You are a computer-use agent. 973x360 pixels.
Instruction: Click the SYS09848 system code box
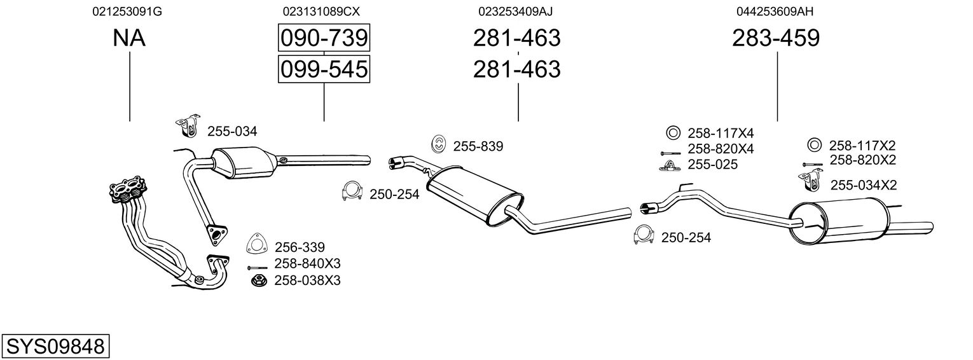tap(55, 346)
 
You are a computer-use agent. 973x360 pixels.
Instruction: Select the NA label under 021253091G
tap(129, 39)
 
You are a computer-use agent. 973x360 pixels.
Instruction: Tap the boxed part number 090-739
tap(324, 38)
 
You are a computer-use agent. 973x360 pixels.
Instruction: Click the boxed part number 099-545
tap(324, 69)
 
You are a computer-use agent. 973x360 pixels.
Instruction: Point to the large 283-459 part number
tap(776, 39)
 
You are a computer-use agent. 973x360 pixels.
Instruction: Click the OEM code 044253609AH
tap(775, 11)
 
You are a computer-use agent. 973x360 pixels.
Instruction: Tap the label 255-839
tap(478, 146)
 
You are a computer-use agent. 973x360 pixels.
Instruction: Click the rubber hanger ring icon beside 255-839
tap(438, 145)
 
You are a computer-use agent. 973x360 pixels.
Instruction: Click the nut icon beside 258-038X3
tap(258, 280)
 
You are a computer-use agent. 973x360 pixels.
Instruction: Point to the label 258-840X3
tap(307, 263)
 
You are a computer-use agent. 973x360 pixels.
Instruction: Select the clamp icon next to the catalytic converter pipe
tap(351, 192)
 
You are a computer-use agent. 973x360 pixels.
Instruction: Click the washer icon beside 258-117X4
tap(673, 134)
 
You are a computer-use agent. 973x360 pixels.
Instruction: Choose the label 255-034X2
tap(864, 185)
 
